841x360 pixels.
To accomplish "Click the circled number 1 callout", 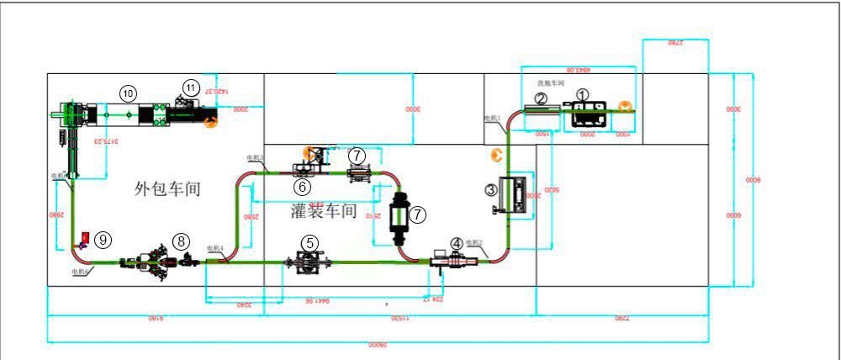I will coord(583,96).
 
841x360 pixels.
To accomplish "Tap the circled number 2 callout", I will coord(542,98).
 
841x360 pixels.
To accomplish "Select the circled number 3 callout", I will coord(490,190).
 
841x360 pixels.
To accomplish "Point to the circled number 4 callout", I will coord(457,243).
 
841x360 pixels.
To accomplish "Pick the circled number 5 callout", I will coord(310,242).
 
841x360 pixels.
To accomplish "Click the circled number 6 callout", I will coord(301,185).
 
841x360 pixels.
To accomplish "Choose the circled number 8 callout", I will coord(181,241).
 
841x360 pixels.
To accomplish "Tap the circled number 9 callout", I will coord(102,239).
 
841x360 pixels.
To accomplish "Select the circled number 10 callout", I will coord(127,92).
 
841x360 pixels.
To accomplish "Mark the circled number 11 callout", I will coord(191,87).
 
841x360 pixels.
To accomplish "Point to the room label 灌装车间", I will coord(324,210).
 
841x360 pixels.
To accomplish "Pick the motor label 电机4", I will coord(214,248).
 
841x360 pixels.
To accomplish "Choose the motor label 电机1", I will coord(492,119).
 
